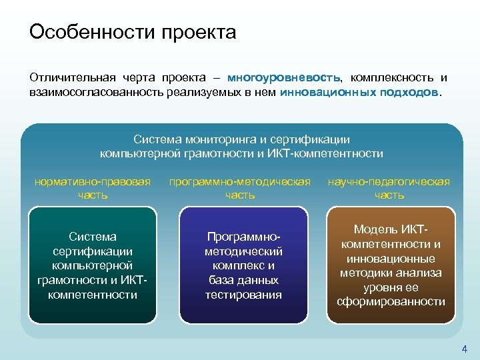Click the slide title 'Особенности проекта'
click(x=133, y=33)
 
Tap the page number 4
click(x=465, y=349)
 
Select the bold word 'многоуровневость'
click(x=283, y=78)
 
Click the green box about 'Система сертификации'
click(x=93, y=265)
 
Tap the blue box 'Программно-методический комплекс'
click(x=243, y=265)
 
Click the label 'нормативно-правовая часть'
click(x=93, y=188)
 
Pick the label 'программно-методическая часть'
click(x=240, y=188)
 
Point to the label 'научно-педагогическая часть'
click(x=389, y=188)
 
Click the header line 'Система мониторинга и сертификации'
click(x=241, y=139)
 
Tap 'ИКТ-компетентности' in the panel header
click(x=335, y=153)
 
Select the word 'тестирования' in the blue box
click(x=243, y=295)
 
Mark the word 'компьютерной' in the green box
click(x=93, y=265)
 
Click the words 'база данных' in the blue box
click(x=243, y=280)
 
